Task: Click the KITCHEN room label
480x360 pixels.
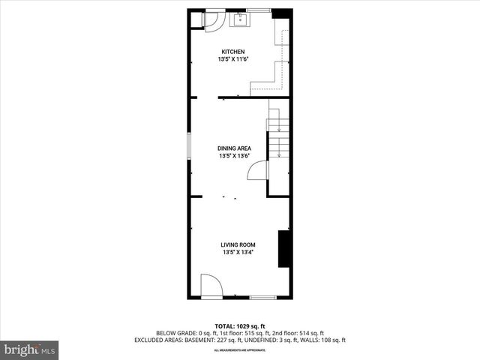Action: [232, 52]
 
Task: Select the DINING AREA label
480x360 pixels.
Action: [235, 148]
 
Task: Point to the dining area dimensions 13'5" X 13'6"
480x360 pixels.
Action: [235, 156]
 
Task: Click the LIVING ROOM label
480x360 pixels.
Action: [238, 244]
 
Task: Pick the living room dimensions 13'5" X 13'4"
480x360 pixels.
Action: [238, 253]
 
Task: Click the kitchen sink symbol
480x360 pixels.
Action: [241, 19]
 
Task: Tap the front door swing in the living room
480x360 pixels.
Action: [209, 286]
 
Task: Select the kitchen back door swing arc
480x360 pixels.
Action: [211, 20]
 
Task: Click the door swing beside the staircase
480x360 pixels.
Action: [257, 171]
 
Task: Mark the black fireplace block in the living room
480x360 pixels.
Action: [284, 249]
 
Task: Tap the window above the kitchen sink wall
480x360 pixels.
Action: [259, 10]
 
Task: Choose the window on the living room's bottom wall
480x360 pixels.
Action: [262, 298]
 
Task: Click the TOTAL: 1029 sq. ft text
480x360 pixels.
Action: [240, 325]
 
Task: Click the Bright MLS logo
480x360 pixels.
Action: [30, 349]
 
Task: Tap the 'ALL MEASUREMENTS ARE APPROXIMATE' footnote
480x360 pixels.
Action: [240, 347]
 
